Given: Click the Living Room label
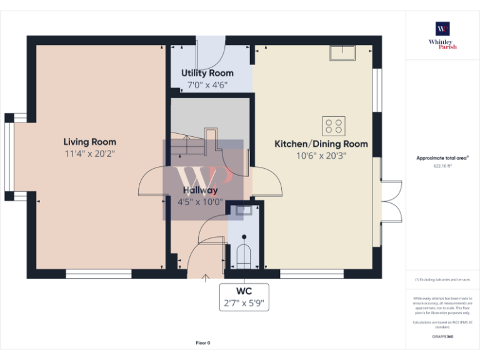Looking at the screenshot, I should (x=89, y=142).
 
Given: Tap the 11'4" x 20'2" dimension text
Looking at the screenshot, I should (x=89, y=154).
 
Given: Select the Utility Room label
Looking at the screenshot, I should (x=207, y=73).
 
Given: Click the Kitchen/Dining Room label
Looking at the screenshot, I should (x=321, y=144).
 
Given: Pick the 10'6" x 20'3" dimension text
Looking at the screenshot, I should (x=321, y=156).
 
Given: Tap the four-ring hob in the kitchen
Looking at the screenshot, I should (x=333, y=126).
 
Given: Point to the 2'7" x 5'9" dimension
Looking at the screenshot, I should (x=244, y=304).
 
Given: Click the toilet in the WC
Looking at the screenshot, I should (x=244, y=253).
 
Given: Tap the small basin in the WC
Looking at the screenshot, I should (x=243, y=211).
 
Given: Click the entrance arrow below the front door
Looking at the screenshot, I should (x=206, y=279).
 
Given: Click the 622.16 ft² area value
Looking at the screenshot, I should (x=442, y=166).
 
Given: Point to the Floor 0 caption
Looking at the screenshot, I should (x=203, y=343).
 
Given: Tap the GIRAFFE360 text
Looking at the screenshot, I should (x=442, y=337).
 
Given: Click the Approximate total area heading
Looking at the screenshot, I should (x=442, y=159).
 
